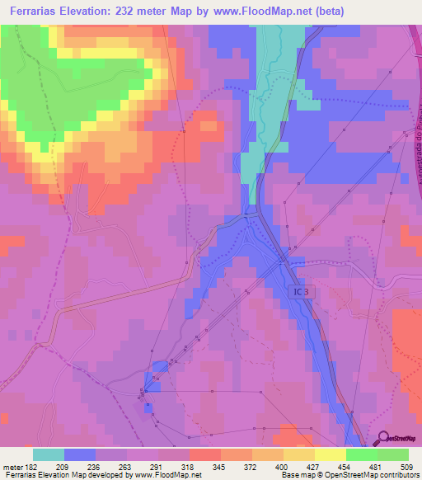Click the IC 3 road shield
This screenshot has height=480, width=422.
301,291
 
